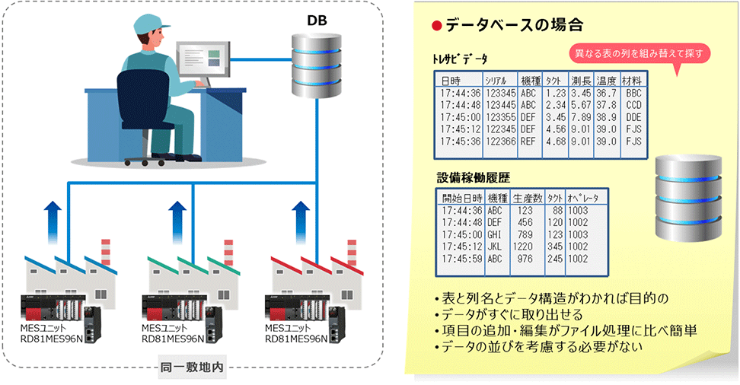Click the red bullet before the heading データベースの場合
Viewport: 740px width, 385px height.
point(436,26)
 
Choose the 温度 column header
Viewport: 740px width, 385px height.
point(606,81)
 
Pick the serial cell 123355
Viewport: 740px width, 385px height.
point(497,117)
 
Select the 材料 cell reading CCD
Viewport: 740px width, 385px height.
point(633,105)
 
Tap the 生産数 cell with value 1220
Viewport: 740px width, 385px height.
point(522,247)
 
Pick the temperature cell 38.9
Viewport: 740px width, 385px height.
point(606,117)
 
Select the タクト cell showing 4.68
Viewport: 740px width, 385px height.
point(552,142)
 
